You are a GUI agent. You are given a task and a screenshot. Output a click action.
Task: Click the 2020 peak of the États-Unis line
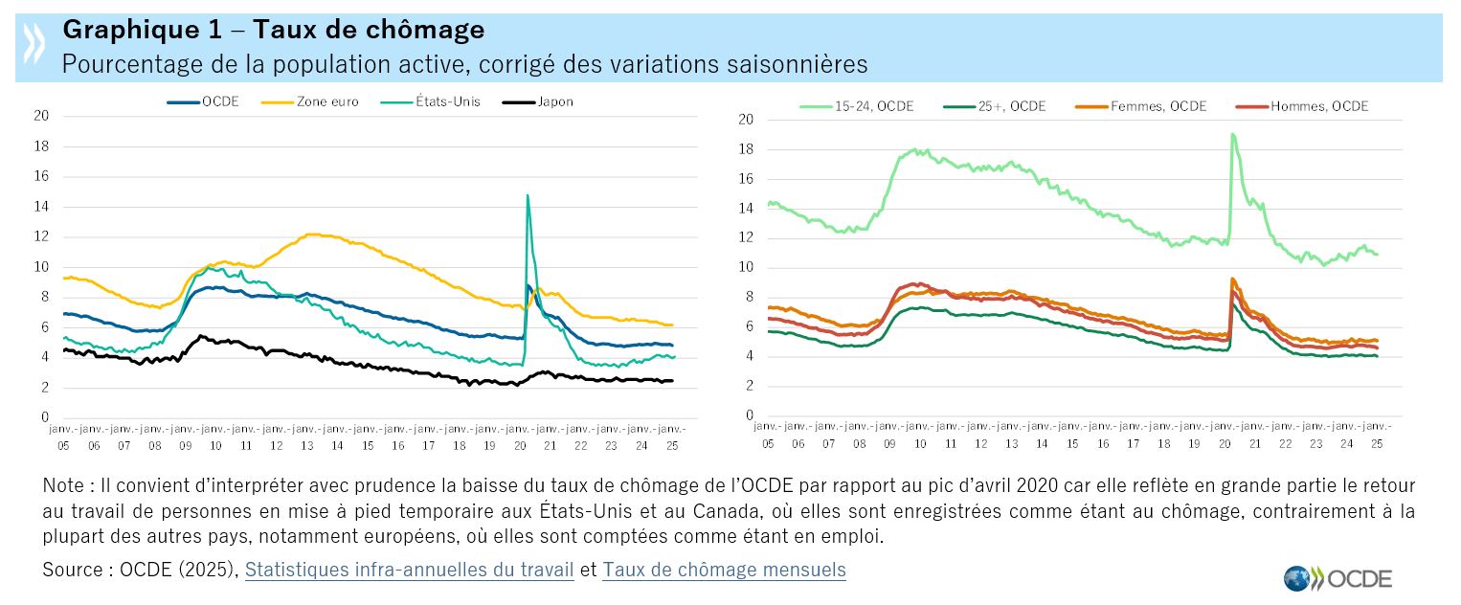pos(528,196)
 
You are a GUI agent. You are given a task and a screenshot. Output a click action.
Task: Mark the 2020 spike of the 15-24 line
pos(1232,135)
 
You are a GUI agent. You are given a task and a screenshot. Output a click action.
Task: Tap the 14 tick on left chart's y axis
pos(41,207)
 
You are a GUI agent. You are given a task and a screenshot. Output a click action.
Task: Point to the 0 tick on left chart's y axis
pos(44,418)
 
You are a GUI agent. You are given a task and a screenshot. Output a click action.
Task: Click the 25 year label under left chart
pos(671,446)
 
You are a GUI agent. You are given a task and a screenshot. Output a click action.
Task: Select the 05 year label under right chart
pos(768,444)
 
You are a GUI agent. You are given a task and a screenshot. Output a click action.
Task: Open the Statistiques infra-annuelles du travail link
pos(409,570)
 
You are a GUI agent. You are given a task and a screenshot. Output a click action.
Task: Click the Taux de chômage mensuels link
pos(724,570)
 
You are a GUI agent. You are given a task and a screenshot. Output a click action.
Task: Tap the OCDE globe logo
pos(1297,578)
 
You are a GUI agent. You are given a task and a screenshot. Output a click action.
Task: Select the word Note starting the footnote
pos(63,486)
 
